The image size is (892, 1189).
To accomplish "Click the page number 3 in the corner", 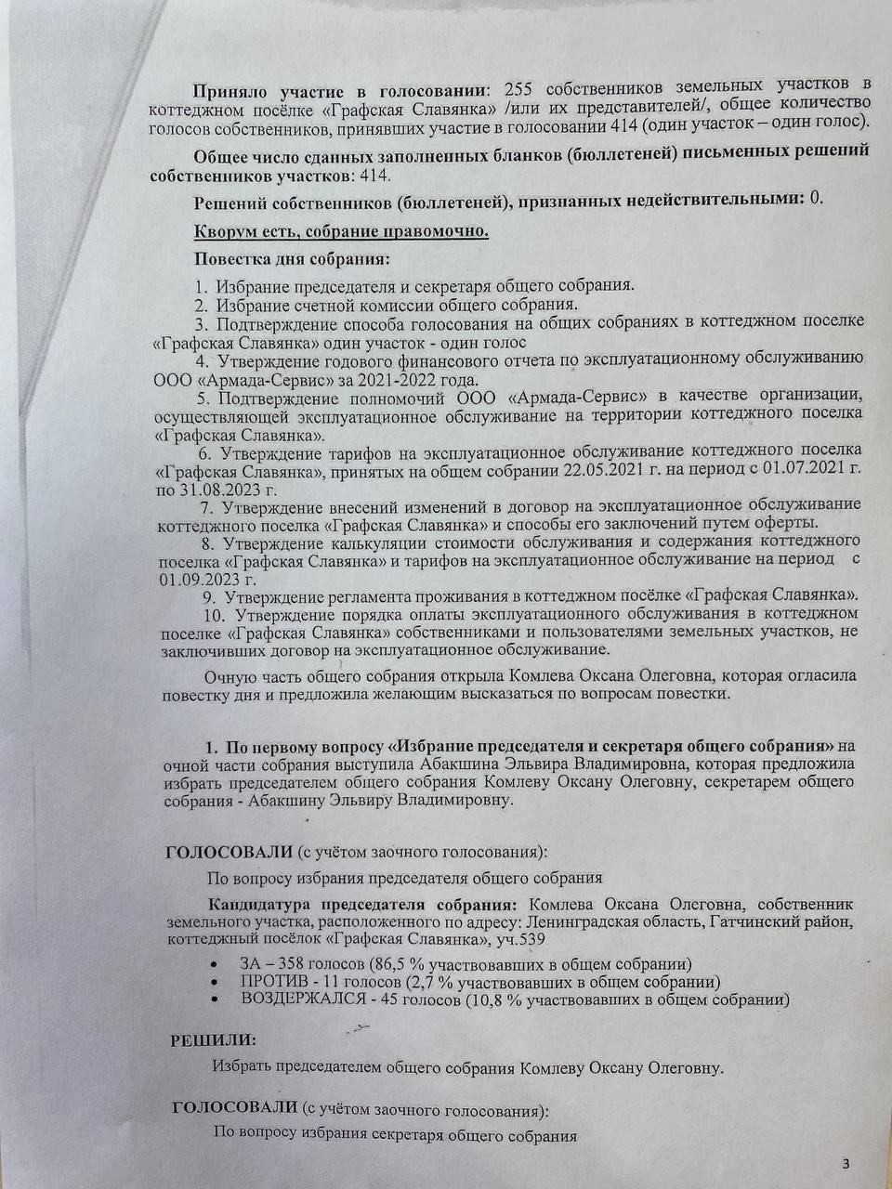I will (x=845, y=1163).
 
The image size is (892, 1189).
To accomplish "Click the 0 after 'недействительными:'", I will (x=816, y=198).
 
